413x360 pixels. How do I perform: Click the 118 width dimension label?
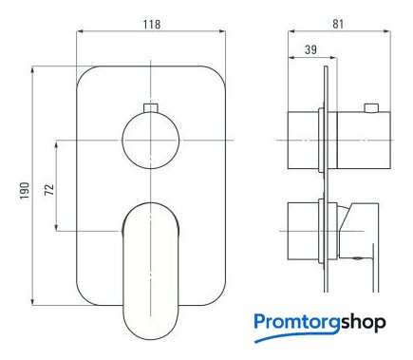pos(152,25)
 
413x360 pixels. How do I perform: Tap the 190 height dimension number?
pos(25,191)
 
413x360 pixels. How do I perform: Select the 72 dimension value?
pos(49,189)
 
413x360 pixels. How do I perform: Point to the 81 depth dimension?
pos(338,24)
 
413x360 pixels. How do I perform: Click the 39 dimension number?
pos(310,49)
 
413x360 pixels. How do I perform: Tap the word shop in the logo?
pos(364,323)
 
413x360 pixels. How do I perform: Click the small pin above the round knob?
pos(151,107)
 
